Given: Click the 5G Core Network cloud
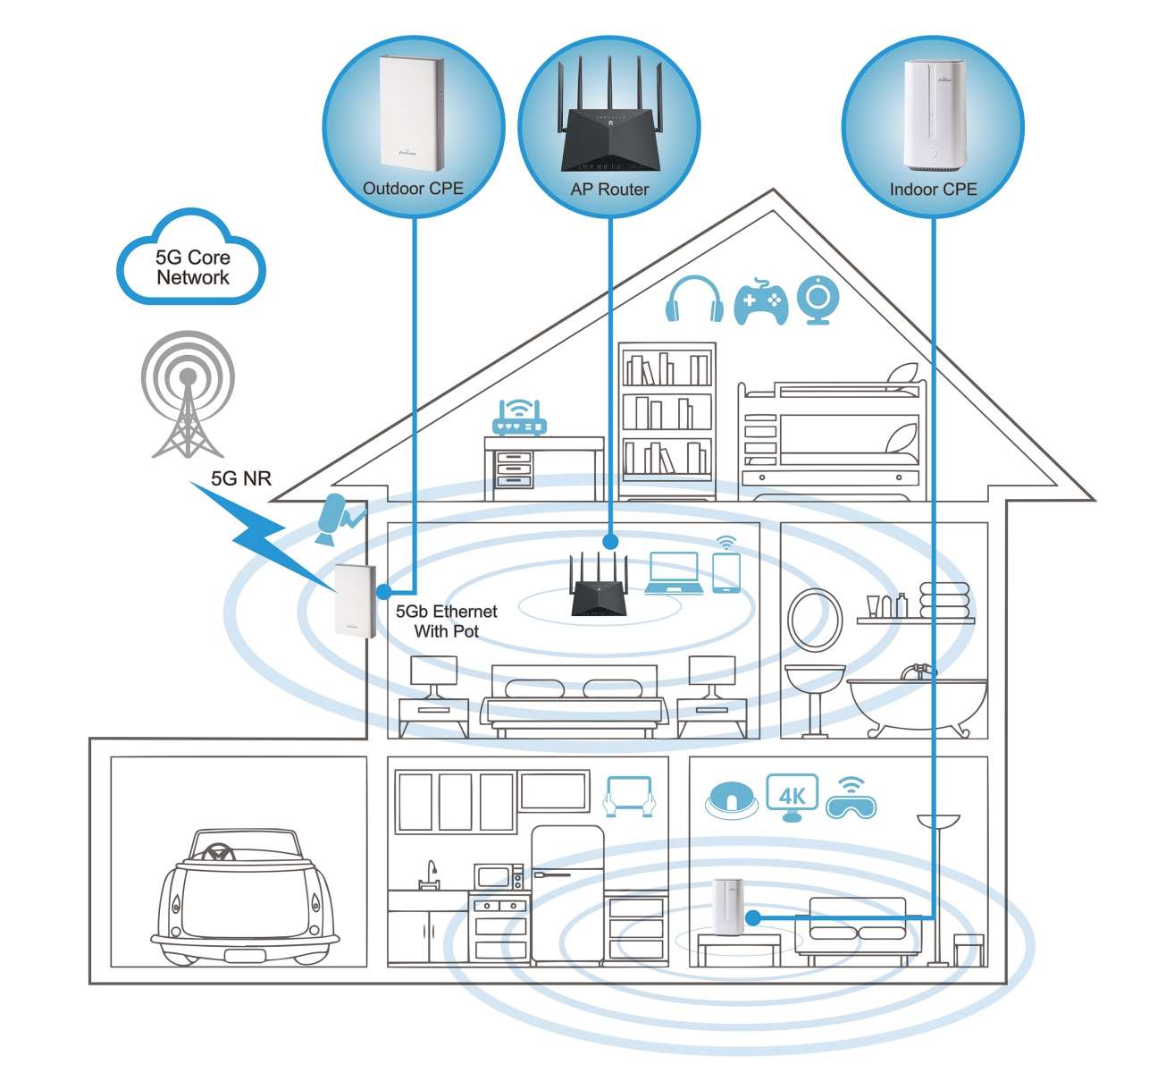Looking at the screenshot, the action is [191, 258].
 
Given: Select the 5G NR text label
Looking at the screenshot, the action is [240, 478].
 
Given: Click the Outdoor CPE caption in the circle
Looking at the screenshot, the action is [413, 188].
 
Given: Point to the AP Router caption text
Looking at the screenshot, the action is [609, 190].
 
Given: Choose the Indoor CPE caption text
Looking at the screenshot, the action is [933, 190].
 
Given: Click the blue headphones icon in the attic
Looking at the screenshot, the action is [694, 299].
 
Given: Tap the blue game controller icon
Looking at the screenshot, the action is [760, 301].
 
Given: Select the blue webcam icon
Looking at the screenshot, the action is [818, 300].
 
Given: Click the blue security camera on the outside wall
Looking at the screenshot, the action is [339, 520].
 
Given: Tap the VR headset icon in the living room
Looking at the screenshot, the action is [851, 799].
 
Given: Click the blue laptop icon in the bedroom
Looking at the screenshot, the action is [674, 573].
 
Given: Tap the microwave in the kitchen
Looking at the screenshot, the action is [499, 876].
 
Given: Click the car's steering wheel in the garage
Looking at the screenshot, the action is [216, 852].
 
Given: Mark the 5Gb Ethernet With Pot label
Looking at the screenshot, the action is [446, 621].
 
